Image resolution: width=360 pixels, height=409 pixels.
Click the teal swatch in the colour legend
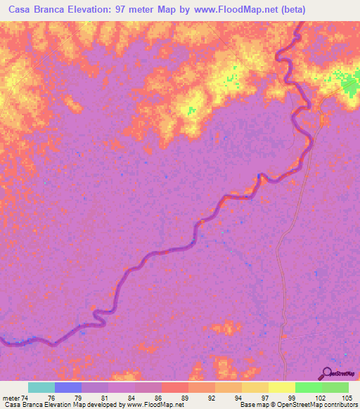(41, 387)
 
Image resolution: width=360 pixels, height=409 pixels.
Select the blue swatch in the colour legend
(68, 387)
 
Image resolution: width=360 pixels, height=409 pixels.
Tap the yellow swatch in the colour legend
(282, 387)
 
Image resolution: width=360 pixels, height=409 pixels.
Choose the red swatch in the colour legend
(175, 387)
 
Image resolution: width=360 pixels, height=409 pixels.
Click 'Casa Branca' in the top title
(34, 9)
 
